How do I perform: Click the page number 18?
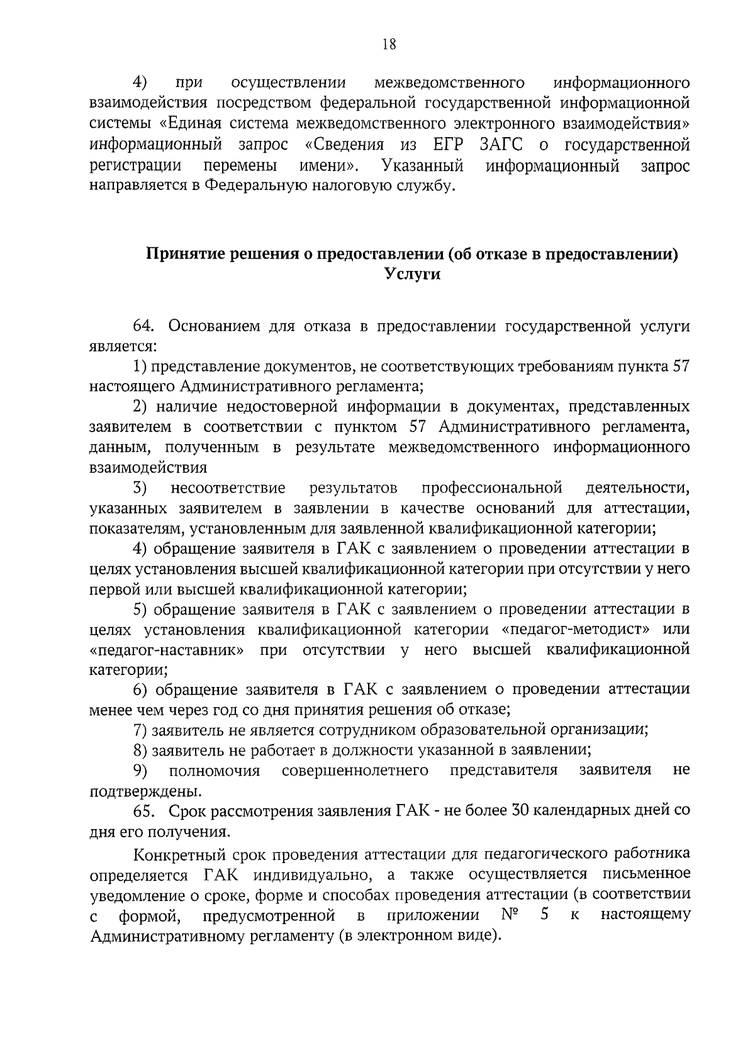pyautogui.click(x=389, y=43)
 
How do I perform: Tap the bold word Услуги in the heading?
pyautogui.click(x=412, y=274)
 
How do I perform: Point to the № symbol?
pyautogui.click(x=509, y=914)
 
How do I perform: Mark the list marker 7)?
pyautogui.click(x=140, y=730)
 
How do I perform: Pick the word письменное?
pyautogui.click(x=646, y=874)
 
